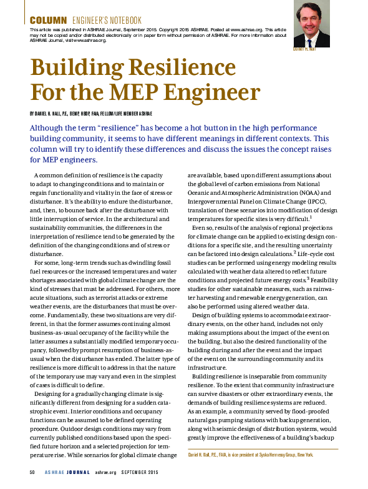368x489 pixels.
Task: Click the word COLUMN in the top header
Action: click(x=49, y=21)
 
